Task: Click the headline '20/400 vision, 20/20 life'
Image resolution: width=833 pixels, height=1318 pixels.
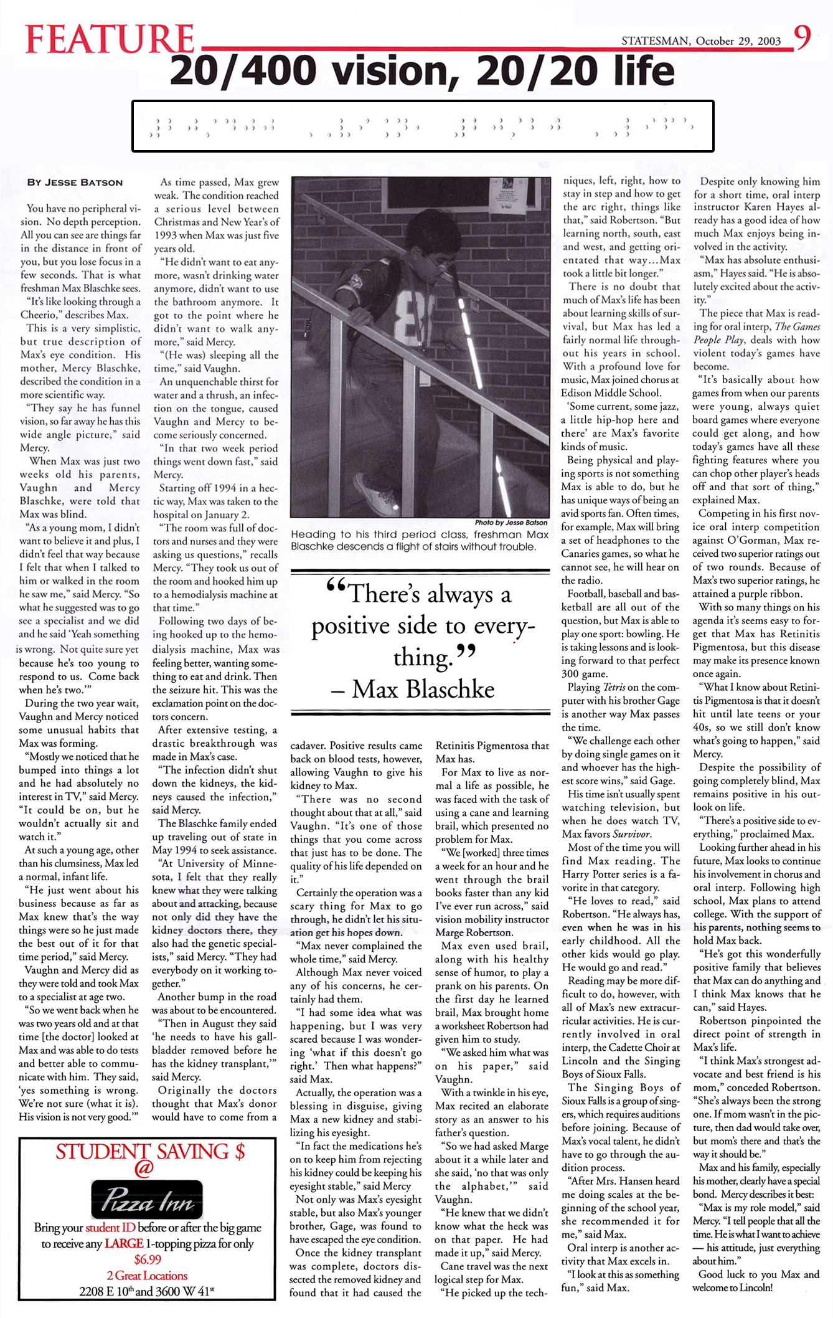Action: tap(422, 71)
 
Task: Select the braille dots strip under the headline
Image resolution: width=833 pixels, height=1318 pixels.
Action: tap(422, 126)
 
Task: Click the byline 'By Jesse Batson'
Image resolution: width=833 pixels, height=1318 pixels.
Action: tap(75, 183)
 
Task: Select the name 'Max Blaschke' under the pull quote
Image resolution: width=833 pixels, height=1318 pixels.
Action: tap(423, 689)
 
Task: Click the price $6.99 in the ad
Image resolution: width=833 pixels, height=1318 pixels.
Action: tap(148, 1259)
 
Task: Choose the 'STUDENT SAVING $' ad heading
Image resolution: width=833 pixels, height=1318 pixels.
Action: tap(150, 1152)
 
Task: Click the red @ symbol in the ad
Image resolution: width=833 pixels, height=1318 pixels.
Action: tap(144, 1169)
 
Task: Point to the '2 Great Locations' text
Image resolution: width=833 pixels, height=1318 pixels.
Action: tap(148, 1275)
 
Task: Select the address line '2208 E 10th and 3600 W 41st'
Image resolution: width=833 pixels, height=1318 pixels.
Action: tap(148, 1291)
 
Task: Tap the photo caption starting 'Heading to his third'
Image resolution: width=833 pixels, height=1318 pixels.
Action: tap(420, 540)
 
